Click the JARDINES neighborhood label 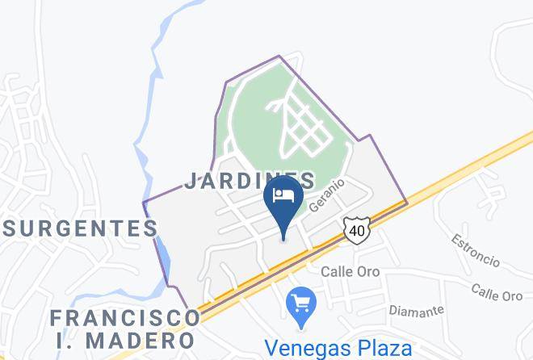(x=249, y=180)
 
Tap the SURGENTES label (x=79, y=228)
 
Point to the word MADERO (x=147, y=340)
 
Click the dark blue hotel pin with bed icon (x=283, y=199)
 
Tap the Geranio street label (x=325, y=195)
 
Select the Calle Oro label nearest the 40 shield (x=350, y=271)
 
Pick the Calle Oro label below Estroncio (x=497, y=292)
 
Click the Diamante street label (x=417, y=310)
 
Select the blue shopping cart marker (x=301, y=305)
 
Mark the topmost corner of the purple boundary (x=279, y=57)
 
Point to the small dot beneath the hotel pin (x=283, y=237)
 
